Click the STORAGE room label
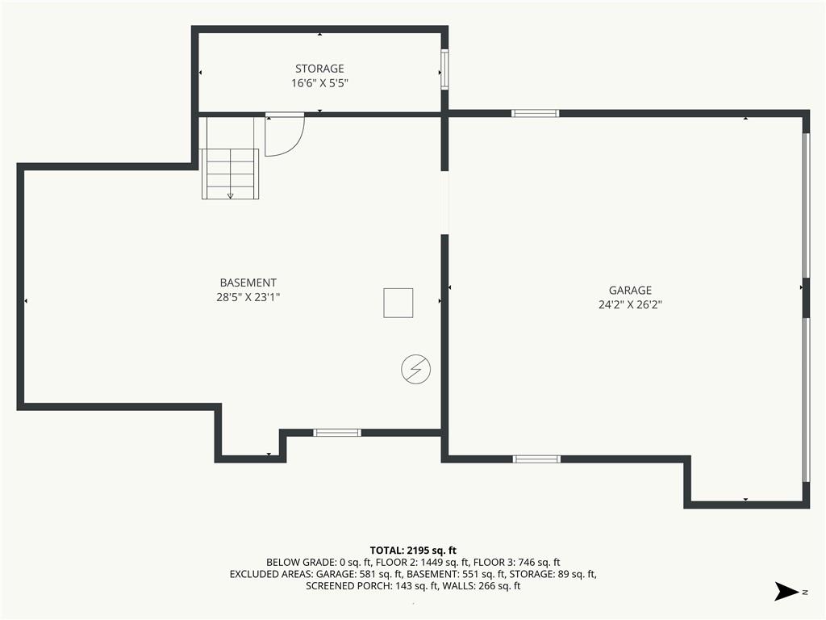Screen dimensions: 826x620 tap(319, 69)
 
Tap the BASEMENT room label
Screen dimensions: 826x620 tap(248, 283)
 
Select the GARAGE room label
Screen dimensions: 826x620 tap(630, 290)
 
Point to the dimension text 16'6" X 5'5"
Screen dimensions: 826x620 tap(319, 83)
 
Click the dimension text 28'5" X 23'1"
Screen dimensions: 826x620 tap(248, 297)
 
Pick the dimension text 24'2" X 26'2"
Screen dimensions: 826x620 tap(630, 304)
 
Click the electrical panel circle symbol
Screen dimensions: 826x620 tap(415, 369)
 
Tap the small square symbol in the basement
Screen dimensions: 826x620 tap(398, 304)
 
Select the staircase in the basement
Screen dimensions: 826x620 tap(230, 174)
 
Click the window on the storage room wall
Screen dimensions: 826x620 tap(444, 69)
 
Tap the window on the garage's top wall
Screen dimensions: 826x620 tap(536, 113)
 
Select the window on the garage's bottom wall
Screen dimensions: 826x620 tap(536, 459)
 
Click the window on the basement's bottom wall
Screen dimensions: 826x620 tap(337, 433)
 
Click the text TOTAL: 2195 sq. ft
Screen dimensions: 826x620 tap(413, 551)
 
